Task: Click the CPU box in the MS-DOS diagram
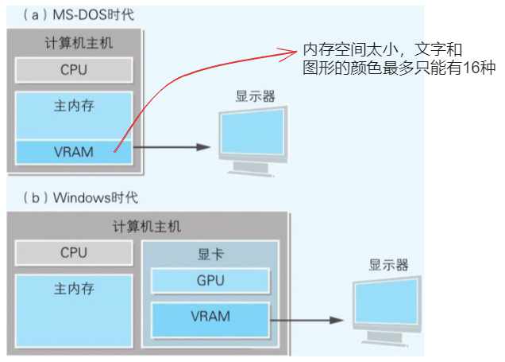coord(74,69)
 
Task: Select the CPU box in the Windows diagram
coord(74,253)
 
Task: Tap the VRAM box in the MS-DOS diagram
coord(74,151)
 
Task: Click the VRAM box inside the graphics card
coord(210,316)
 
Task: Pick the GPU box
coord(210,281)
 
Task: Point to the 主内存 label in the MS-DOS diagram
coord(74,104)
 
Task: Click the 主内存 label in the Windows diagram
coord(74,289)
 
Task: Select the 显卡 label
coord(210,255)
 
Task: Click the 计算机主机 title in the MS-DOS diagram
coord(74,43)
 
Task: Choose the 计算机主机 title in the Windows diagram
coord(147,227)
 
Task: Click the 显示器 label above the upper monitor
coord(255,96)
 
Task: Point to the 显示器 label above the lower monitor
coord(389,265)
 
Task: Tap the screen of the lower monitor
coord(388,305)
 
